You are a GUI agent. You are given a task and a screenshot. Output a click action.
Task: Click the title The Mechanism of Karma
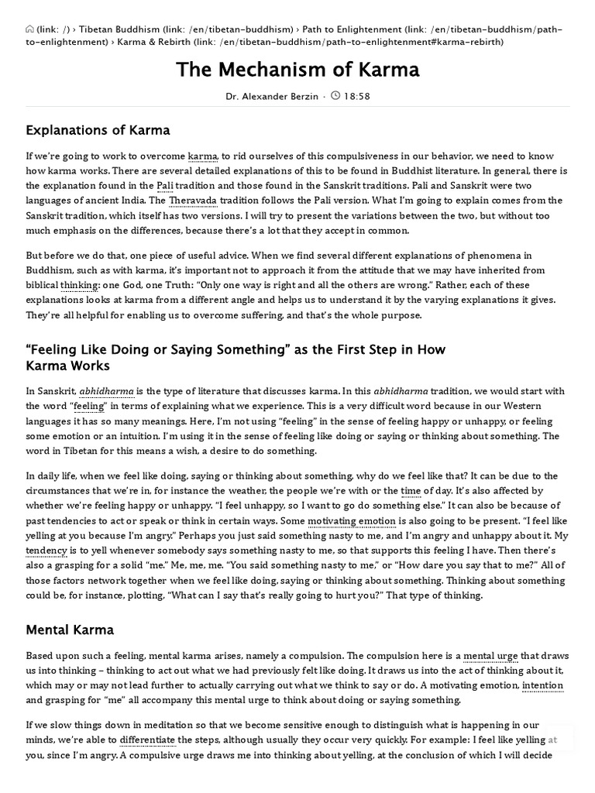pos(297,70)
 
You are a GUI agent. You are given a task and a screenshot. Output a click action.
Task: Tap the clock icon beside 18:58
pos(335,96)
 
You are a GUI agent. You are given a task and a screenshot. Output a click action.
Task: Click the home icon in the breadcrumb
pos(29,29)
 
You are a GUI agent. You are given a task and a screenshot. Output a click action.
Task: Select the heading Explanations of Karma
pos(98,130)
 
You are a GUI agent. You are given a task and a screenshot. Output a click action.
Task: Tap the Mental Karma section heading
pos(70,630)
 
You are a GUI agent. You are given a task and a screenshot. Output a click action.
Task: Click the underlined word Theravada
pos(194,201)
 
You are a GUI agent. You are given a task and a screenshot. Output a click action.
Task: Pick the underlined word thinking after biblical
pos(78,285)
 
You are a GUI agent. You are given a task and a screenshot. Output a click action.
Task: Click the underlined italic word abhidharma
pos(106,392)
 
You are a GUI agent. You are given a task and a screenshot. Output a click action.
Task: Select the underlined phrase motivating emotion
pos(352,521)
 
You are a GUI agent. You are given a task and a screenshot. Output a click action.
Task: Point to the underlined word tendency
pos(46,551)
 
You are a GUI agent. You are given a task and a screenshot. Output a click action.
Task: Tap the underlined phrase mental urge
pos(490,656)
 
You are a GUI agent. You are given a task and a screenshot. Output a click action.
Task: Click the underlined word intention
pos(542,685)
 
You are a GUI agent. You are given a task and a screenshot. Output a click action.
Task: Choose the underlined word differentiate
pos(147,740)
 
